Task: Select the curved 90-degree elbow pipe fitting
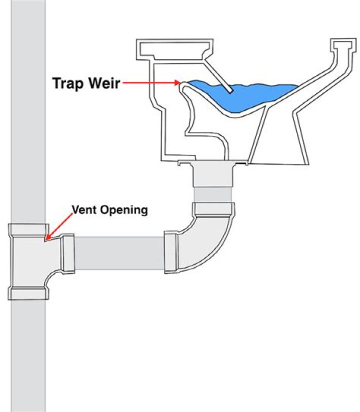(210, 240)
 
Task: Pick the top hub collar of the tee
(28, 230)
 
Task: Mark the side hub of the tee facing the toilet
(68, 254)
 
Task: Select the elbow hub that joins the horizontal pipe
(171, 253)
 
